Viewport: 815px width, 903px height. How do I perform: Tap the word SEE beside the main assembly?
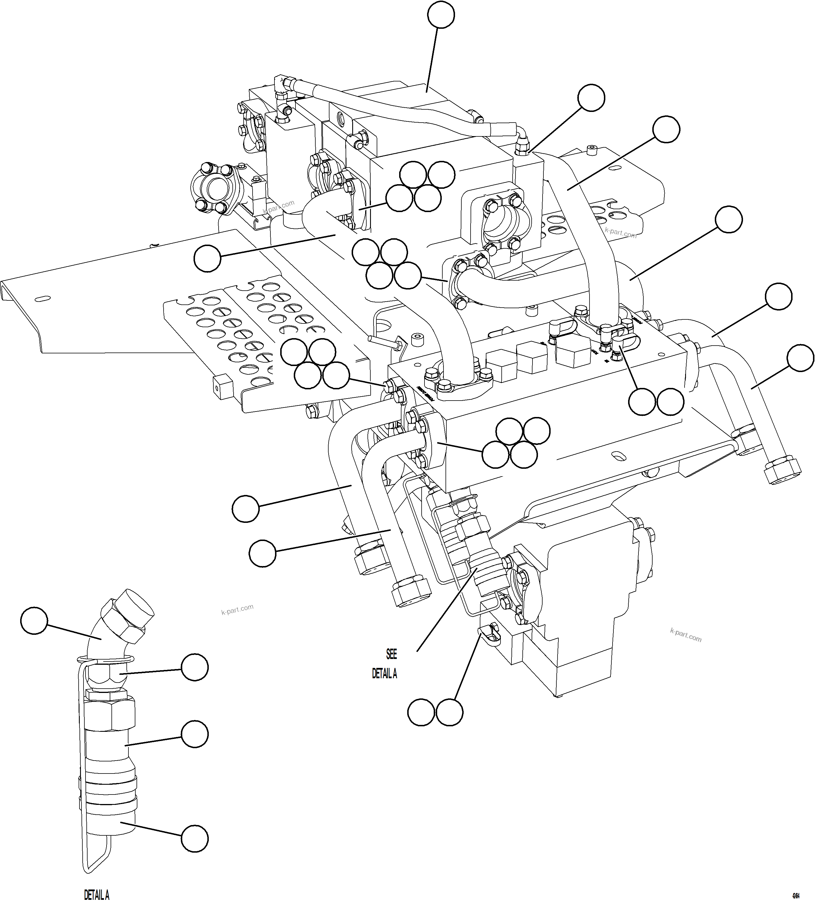(x=391, y=654)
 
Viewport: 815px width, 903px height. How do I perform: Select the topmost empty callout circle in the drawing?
(x=441, y=15)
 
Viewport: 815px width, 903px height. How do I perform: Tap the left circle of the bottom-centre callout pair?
(x=421, y=713)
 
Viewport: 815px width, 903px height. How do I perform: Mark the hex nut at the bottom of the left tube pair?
(x=411, y=594)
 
